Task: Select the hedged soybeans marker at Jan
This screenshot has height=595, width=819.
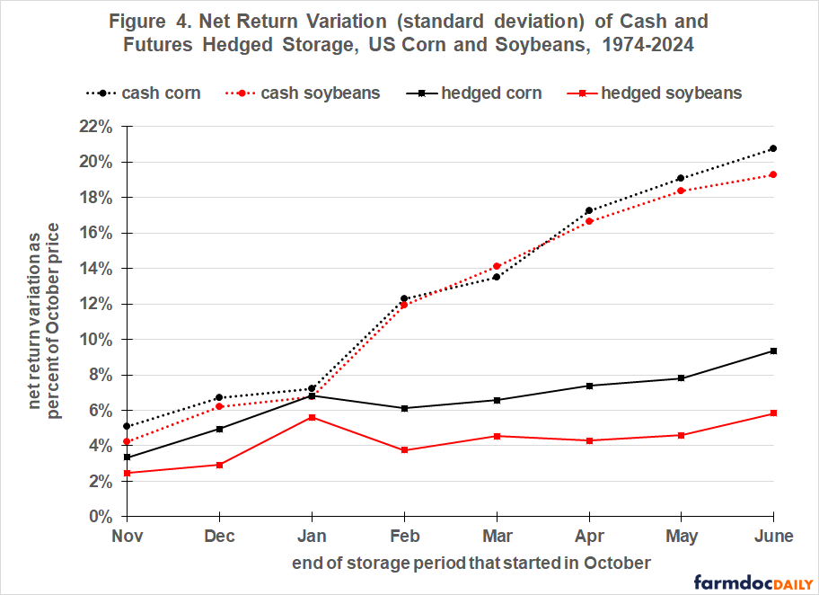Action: [x=312, y=417]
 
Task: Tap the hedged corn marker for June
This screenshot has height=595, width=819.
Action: [x=773, y=351]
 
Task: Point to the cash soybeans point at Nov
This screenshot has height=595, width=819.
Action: [x=128, y=441]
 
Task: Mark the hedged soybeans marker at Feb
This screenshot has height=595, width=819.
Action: [x=404, y=450]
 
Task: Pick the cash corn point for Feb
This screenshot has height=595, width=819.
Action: [x=404, y=298]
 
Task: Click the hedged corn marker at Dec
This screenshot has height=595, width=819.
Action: [x=220, y=429]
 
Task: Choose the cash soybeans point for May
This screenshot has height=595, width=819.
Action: [x=681, y=191]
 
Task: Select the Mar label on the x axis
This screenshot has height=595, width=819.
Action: [x=497, y=537]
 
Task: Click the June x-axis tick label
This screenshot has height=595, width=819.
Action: [x=773, y=537]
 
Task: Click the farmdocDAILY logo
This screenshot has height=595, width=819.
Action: [x=751, y=582]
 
